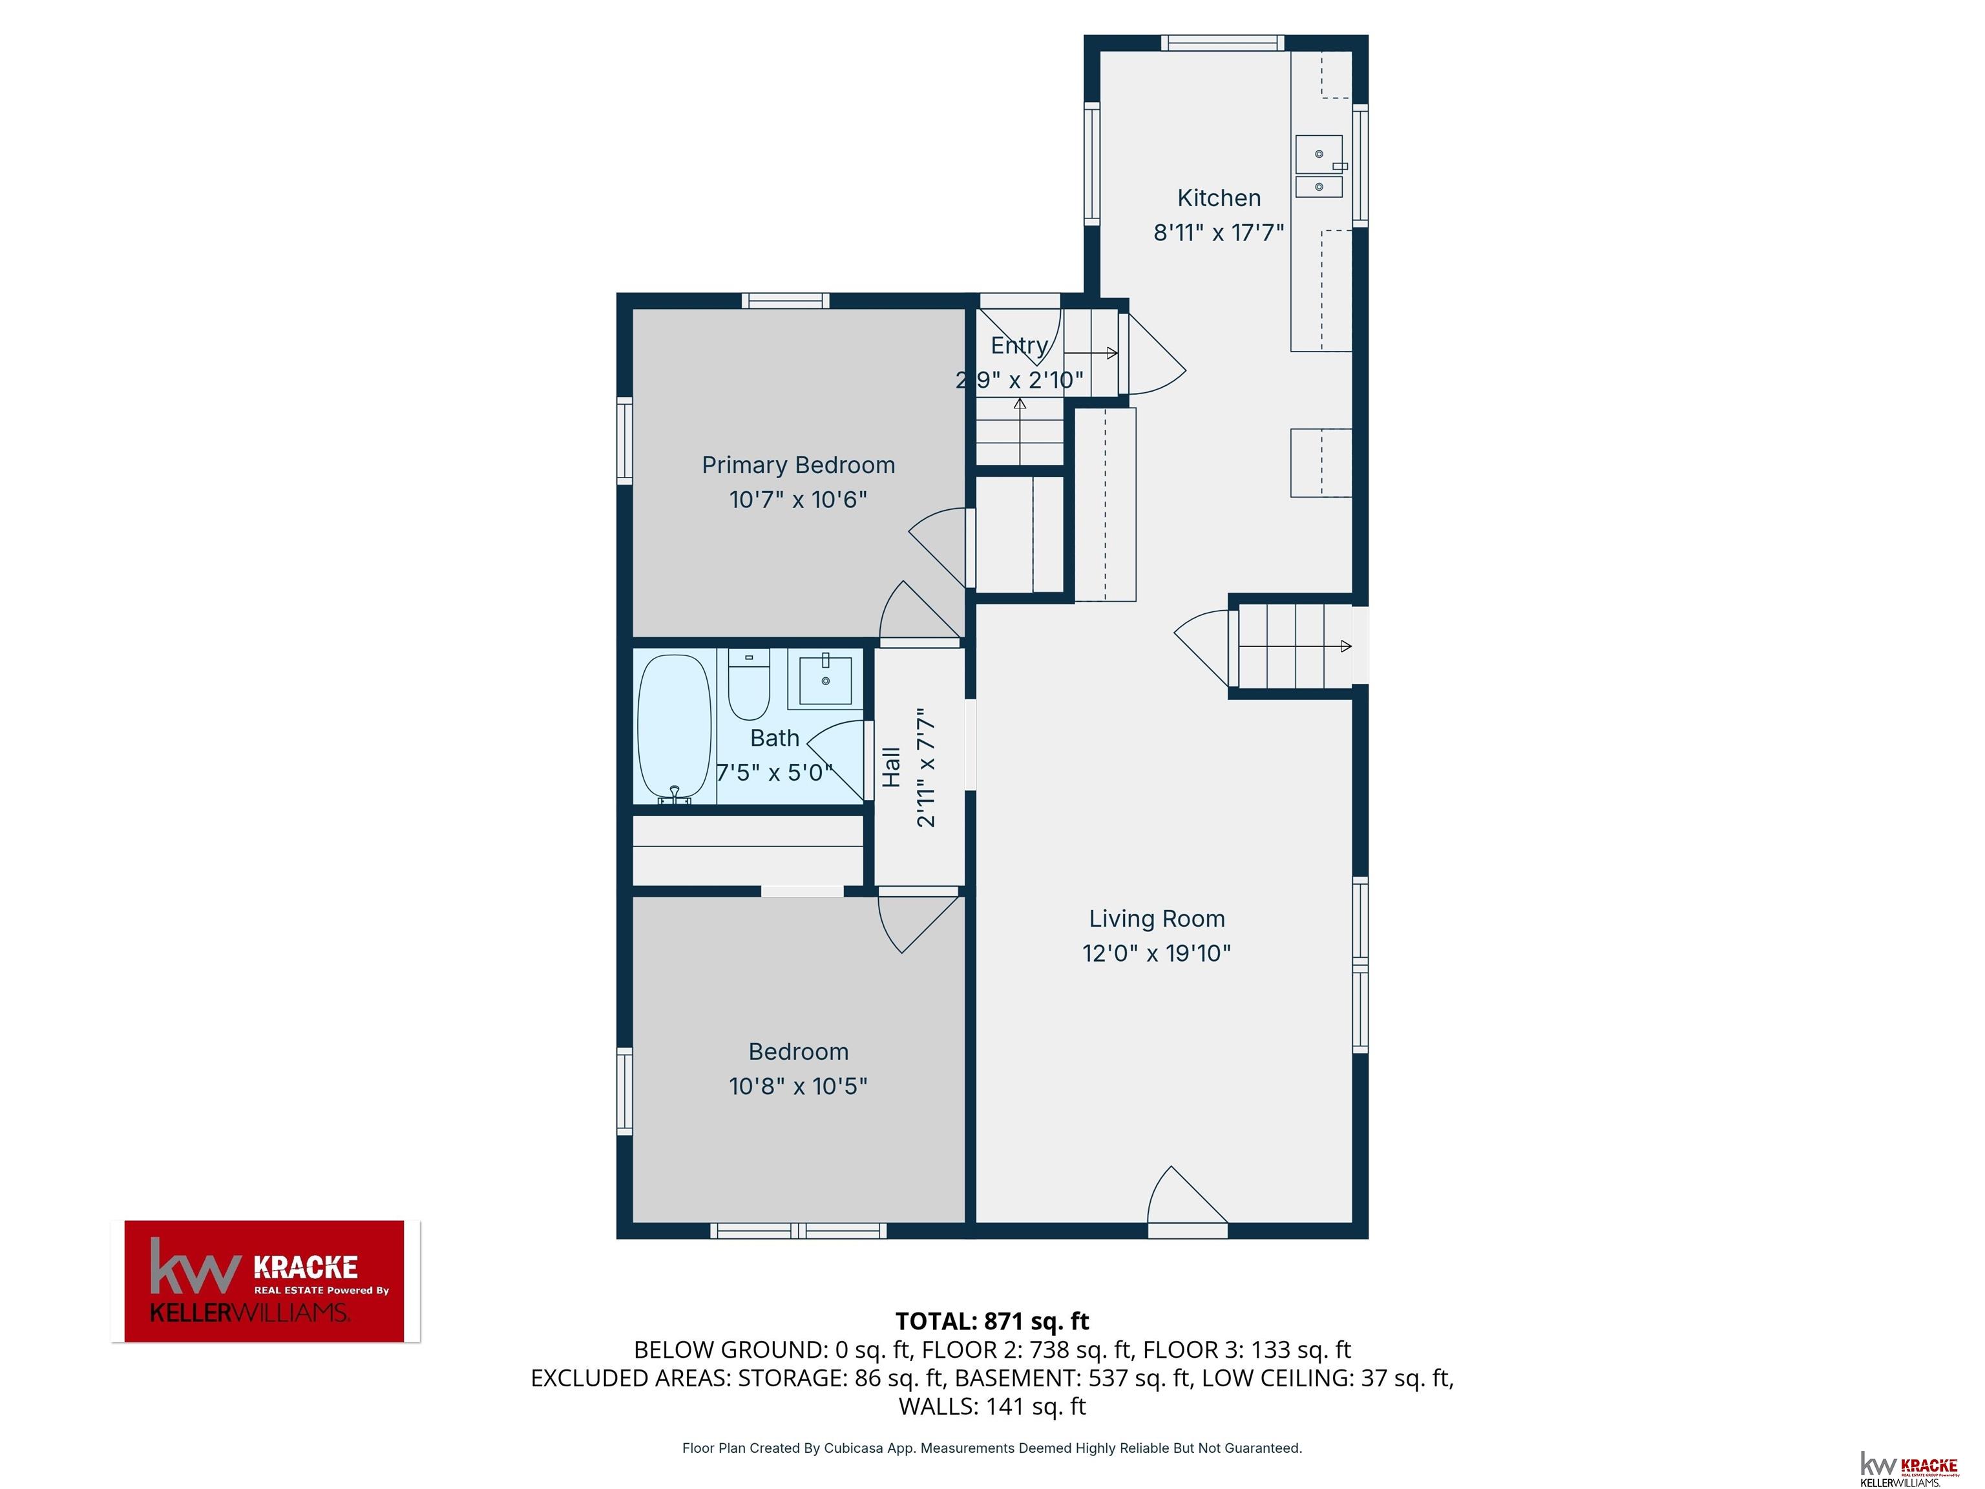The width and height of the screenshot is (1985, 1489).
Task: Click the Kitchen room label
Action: point(1219,198)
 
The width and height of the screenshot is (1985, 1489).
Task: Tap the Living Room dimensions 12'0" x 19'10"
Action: point(1157,953)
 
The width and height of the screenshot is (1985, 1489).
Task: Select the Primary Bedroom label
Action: point(798,465)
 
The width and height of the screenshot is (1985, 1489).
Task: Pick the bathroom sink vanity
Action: point(824,679)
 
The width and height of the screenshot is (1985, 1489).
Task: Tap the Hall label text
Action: point(891,767)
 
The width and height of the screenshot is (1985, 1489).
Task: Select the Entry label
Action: point(1020,346)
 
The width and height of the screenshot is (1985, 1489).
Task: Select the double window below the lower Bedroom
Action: point(799,1231)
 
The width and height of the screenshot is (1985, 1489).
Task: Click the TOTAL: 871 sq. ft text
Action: point(992,1321)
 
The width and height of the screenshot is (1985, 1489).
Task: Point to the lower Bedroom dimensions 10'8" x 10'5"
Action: point(798,1086)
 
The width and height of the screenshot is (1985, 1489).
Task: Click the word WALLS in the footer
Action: point(938,1406)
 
